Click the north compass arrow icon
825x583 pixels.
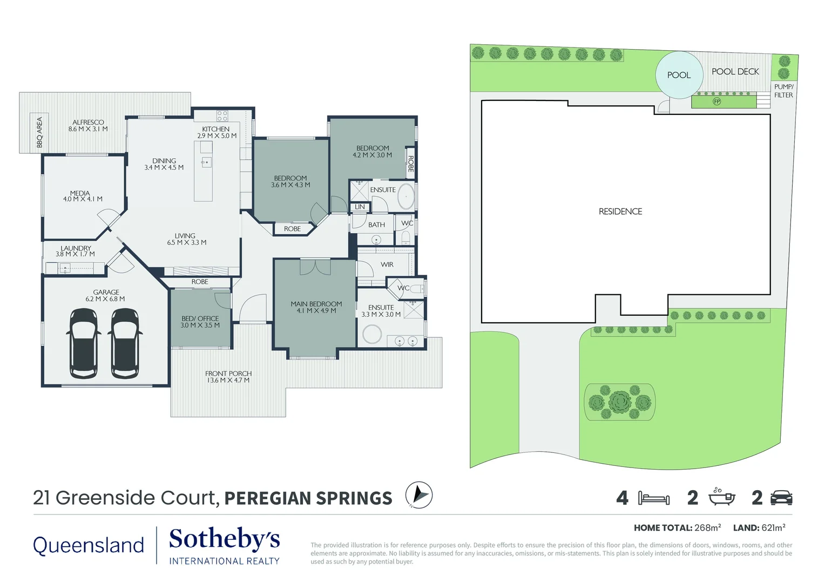(419, 495)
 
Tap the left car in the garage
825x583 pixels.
(84, 343)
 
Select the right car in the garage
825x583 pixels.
(125, 343)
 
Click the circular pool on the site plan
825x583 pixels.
(679, 75)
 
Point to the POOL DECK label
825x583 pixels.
(735, 71)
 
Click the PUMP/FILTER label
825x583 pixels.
(783, 91)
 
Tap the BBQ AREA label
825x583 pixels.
(39, 132)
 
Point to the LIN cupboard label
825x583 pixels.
(360, 207)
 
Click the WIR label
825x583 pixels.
(387, 265)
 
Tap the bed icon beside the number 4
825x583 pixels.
(653, 498)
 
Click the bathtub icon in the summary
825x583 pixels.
(721, 497)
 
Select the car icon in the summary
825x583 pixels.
(781, 498)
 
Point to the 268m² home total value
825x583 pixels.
(708, 527)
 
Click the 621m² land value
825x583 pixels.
(773, 527)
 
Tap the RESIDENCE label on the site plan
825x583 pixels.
(620, 212)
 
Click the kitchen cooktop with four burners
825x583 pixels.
(222, 116)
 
